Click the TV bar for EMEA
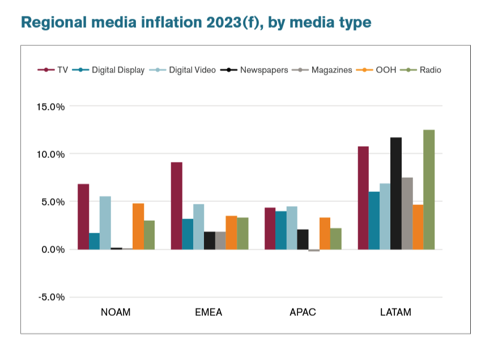pos(176,206)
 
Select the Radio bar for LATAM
pos(429,190)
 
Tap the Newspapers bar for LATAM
pos(396,193)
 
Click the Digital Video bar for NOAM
pos(105,223)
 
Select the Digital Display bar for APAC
pos(280,230)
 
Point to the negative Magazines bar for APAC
pos(313,250)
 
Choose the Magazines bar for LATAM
pos(407,213)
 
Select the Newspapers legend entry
pos(258,70)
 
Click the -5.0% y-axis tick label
pos(52,297)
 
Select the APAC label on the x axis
pos(302,312)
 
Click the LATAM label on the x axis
pos(395,312)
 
